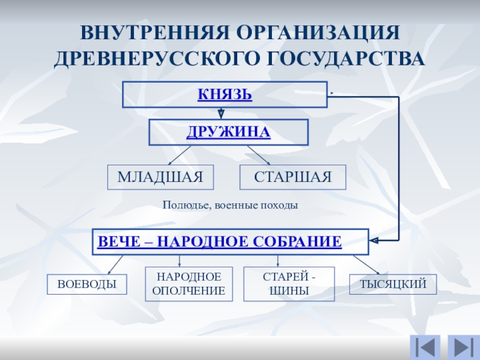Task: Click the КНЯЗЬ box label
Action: coord(225,95)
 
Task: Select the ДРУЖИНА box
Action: coord(228,132)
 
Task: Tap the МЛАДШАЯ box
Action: coord(160,177)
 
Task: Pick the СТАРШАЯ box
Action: coord(293,177)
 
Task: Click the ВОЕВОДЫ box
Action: coord(87,284)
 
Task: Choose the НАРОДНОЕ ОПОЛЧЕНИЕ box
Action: coord(189,284)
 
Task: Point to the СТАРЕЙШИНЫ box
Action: coord(289,284)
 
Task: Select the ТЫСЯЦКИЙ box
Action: coord(393,284)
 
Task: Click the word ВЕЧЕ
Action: coord(117,242)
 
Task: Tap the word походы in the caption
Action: coord(280,205)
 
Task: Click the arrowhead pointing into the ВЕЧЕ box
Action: coord(373,241)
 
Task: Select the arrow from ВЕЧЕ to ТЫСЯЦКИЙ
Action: coord(365,265)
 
